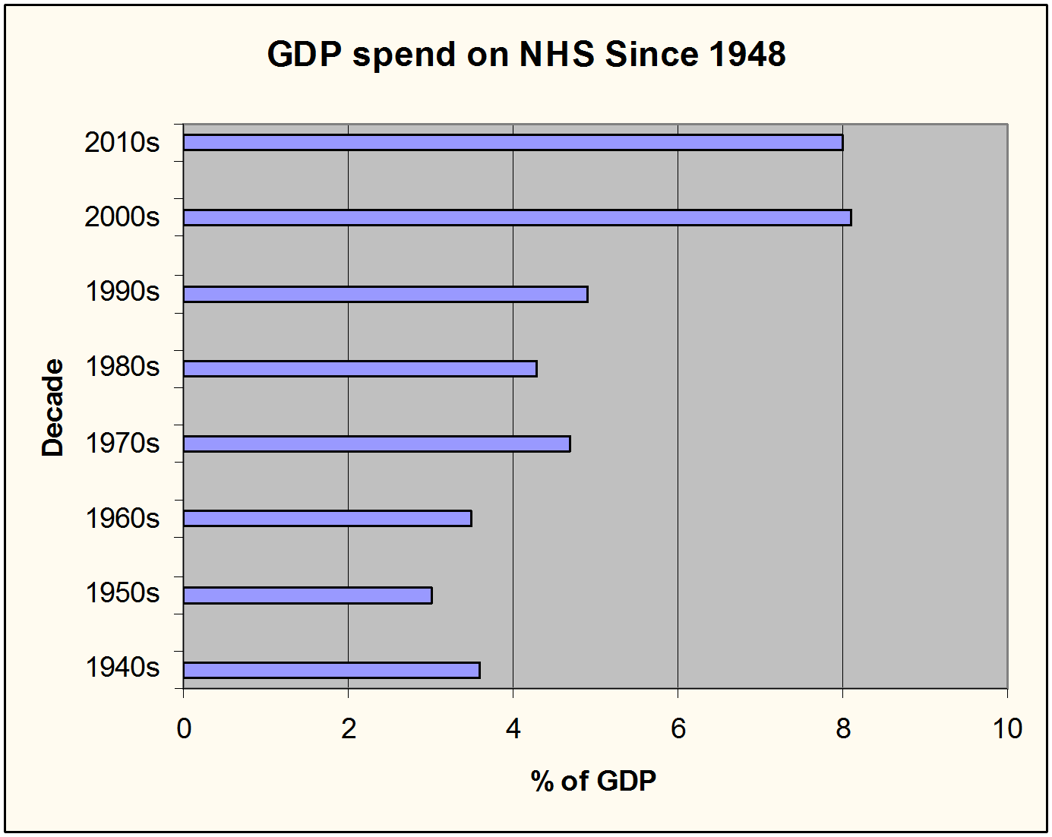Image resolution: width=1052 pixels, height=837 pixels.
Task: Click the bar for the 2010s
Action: tap(513, 143)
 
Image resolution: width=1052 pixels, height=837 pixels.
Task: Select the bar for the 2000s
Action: tap(517, 218)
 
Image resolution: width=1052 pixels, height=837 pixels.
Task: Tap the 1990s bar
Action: tap(385, 295)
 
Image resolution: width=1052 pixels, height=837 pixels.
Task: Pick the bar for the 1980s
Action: tap(360, 369)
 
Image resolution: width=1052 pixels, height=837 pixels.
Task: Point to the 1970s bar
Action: tap(377, 444)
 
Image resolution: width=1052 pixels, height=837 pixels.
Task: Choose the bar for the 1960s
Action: tap(327, 519)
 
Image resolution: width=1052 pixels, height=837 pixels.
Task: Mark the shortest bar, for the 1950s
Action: tap(308, 595)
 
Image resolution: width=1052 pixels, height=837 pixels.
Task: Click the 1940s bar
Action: tap(331, 670)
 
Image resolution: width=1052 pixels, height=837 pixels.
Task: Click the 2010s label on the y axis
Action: tap(122, 143)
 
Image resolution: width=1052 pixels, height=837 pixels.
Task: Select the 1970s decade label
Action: tap(122, 444)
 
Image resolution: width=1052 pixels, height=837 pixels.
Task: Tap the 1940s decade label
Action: tap(122, 668)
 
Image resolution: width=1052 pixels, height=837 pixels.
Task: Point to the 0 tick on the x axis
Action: tap(184, 729)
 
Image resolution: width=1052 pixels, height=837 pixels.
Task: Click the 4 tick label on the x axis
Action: tap(513, 729)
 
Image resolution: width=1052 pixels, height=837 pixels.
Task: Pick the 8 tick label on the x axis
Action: tap(843, 729)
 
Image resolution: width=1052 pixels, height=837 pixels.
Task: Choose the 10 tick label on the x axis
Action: tap(1007, 729)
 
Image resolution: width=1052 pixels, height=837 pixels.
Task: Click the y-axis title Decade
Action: tap(52, 407)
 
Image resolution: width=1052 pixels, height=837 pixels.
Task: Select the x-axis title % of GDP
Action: tap(593, 781)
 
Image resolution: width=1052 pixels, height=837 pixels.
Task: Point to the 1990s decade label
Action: tap(122, 292)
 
